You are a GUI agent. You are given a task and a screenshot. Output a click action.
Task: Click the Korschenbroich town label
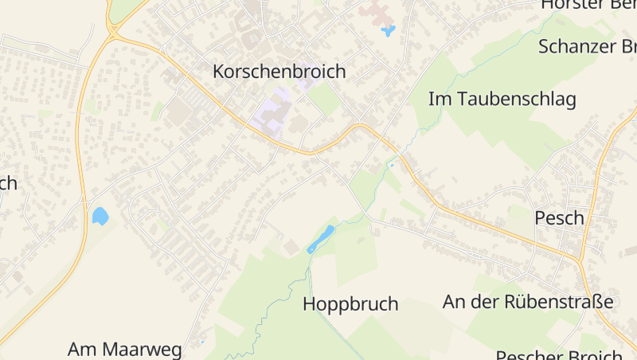click(279, 72)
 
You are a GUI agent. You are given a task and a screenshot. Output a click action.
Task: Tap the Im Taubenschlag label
click(502, 100)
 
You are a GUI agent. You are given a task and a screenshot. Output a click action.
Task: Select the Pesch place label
click(559, 217)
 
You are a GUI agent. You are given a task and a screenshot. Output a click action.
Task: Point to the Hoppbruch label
click(350, 304)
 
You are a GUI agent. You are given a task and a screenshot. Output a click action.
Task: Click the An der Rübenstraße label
click(528, 302)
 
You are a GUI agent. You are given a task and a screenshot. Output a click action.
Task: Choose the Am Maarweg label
click(125, 349)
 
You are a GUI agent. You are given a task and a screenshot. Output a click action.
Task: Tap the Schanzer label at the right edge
click(587, 46)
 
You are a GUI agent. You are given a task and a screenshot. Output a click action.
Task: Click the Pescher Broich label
click(559, 354)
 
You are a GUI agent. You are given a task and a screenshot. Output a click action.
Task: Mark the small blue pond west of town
click(100, 216)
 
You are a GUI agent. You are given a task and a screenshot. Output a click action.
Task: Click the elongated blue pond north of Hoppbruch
click(321, 239)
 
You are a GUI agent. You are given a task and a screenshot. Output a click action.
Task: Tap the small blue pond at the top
click(389, 32)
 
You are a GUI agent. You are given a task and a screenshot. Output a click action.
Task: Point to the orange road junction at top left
click(112, 33)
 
